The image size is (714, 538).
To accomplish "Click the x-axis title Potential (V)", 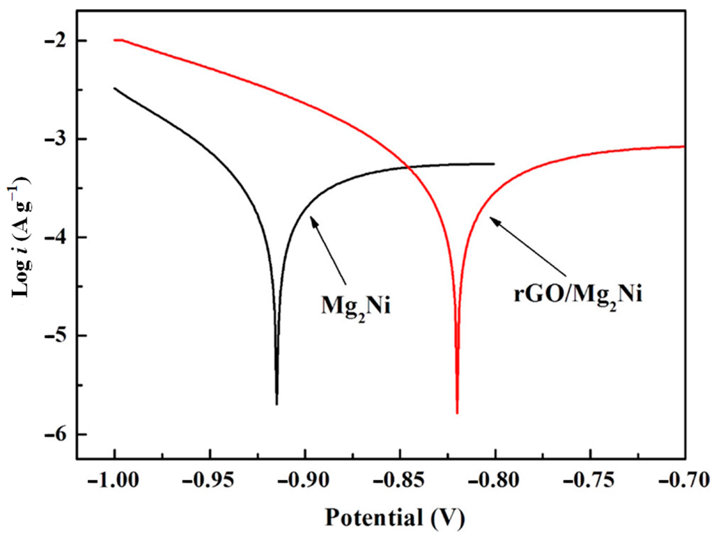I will point(395,517).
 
